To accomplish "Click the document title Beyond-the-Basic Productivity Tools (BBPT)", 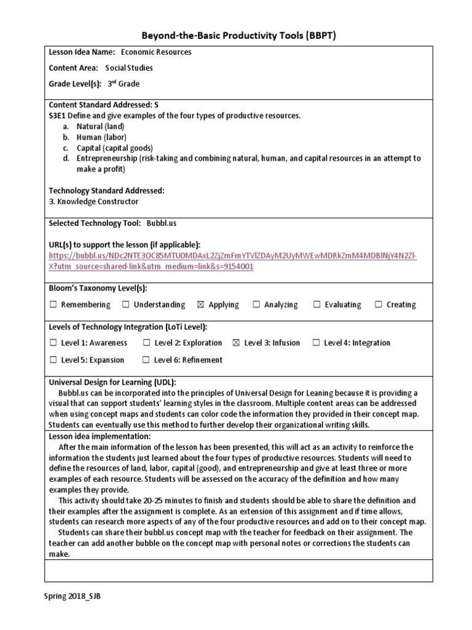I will point(236,36).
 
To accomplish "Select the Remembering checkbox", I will point(53,305).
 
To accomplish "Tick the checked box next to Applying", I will point(200,305).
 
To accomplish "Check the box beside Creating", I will point(379,305).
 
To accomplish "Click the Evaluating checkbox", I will point(317,305).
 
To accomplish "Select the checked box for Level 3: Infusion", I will point(236,343).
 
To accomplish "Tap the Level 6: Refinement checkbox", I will point(146,360).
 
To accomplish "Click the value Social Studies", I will point(129,68).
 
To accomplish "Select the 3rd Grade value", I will point(124,84).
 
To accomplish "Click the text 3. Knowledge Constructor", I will point(93,201).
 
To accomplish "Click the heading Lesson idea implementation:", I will point(91,436).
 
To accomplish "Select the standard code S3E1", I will point(58,116).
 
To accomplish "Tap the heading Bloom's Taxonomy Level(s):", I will point(98,288).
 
